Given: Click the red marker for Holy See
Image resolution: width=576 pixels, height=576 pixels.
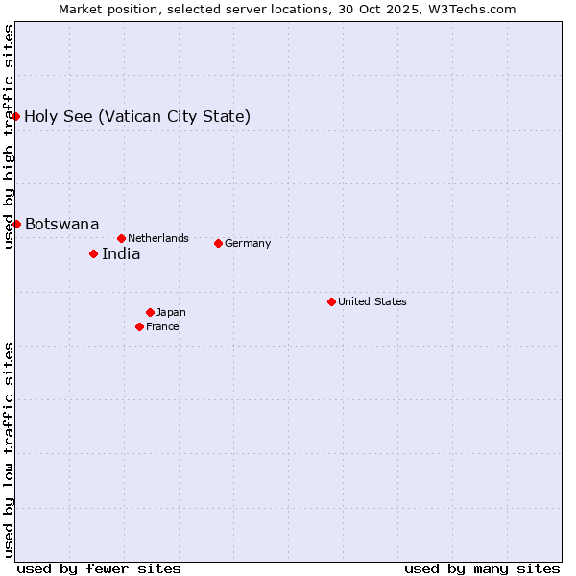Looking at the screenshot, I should coord(16,116).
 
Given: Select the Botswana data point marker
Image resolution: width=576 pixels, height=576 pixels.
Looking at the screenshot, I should coord(16,224).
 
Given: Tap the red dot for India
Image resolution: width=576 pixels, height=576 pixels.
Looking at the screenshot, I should coord(93,253).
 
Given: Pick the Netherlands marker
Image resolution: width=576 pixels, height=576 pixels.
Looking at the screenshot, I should coord(121,238).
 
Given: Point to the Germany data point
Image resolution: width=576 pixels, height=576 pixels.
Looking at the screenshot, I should coord(218,243).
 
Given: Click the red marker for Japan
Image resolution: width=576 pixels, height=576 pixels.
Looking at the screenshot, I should coord(150,312).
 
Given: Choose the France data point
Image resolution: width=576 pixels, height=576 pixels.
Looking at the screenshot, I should coord(139,326).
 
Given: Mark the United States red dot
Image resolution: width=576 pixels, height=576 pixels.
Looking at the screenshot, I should coord(331,301).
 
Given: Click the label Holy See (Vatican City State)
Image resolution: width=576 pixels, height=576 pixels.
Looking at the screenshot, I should coord(137,117).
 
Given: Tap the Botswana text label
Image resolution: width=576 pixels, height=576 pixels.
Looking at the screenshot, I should coord(61,225).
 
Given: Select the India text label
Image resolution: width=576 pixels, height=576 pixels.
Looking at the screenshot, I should coord(121,254).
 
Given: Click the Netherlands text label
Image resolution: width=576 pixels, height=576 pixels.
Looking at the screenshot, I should coord(158,238).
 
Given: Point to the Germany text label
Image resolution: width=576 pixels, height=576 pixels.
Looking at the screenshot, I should coord(248,243).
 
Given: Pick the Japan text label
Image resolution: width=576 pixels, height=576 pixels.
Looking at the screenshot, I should coord(171,312).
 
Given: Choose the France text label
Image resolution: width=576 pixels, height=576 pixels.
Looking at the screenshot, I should coord(162,326).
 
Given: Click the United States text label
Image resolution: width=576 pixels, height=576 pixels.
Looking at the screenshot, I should coord(372,301).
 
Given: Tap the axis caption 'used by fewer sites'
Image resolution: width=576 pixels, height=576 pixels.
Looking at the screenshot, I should coord(99,568).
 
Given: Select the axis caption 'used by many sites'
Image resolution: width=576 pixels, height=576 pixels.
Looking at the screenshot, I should coord(482,568).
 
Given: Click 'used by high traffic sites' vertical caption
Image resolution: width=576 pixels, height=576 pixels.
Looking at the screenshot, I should coord(10,136).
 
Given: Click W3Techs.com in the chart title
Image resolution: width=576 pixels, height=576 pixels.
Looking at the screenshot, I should coord(473,9).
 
